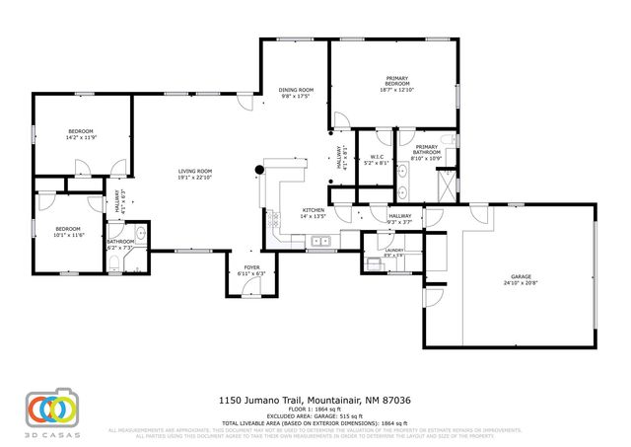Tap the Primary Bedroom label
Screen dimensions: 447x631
pyautogui.click(x=397, y=81)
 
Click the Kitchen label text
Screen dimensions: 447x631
pyautogui.click(x=314, y=210)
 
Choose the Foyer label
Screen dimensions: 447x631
pyautogui.click(x=251, y=266)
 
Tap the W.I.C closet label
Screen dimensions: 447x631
pyautogui.click(x=377, y=156)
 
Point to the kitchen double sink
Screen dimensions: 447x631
pyautogui.click(x=319, y=242)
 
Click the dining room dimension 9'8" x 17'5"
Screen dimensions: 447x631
pyautogui.click(x=295, y=96)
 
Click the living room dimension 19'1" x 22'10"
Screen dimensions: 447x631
pyautogui.click(x=194, y=178)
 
